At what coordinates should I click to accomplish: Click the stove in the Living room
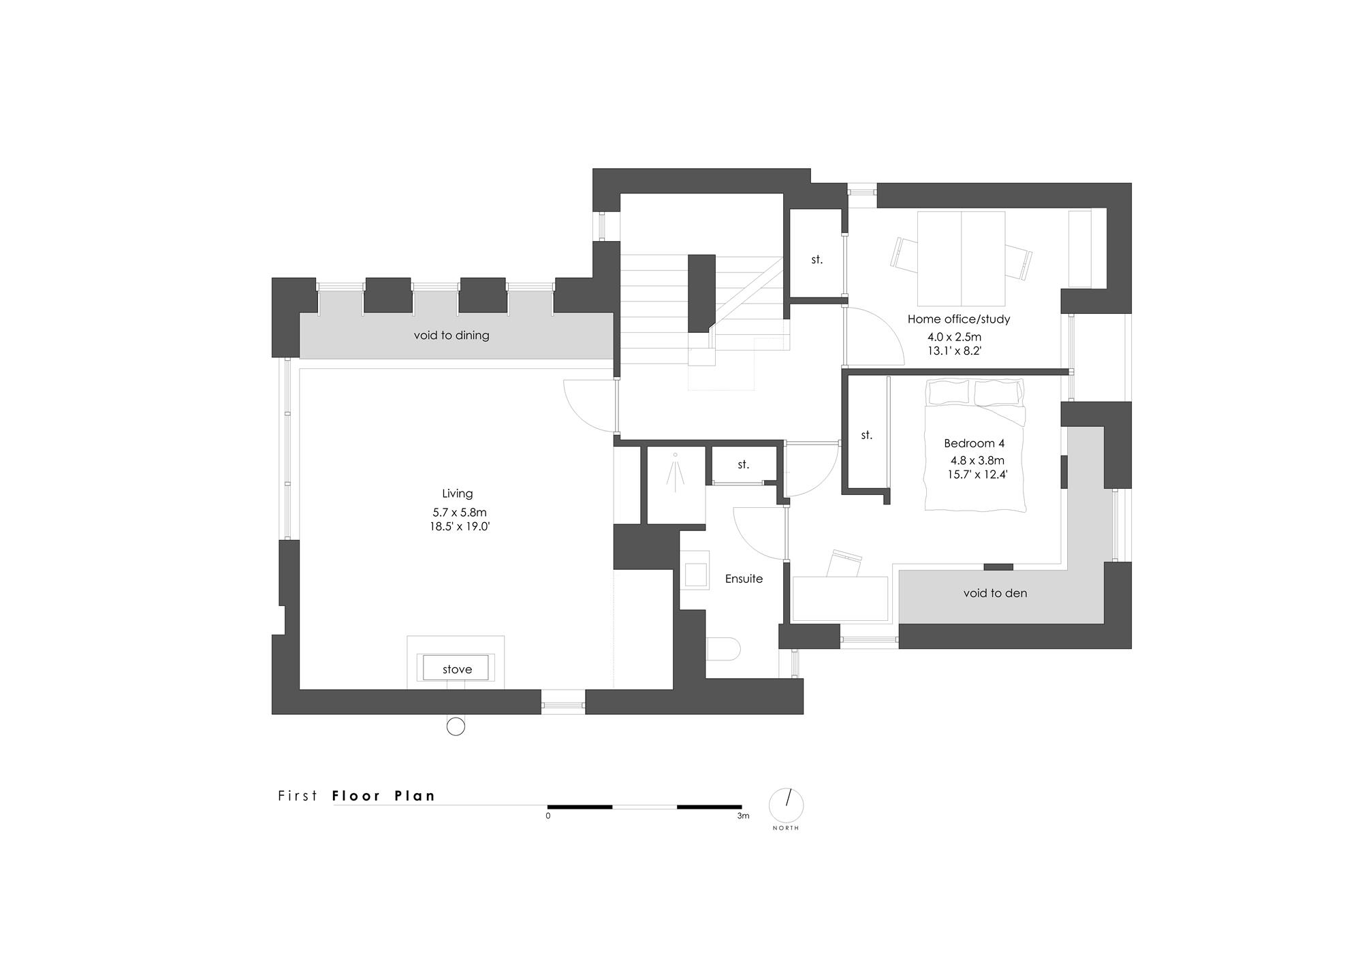coord(456,668)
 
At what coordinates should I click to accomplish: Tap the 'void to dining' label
coord(452,336)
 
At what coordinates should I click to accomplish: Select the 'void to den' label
coord(995,593)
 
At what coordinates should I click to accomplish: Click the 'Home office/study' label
coord(959,319)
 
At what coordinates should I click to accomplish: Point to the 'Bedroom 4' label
coord(975,443)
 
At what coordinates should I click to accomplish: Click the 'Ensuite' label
coord(744,579)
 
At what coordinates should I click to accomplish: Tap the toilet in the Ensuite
coord(723,649)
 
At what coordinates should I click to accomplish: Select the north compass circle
coord(787,805)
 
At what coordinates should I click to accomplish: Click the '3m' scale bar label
coord(743,816)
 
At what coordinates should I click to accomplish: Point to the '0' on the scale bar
coord(548,816)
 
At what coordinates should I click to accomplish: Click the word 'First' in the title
coord(298,795)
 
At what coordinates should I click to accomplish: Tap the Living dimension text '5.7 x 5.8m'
coord(460,513)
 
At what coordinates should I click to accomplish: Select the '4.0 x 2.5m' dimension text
coord(955,337)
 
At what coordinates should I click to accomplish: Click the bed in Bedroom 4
coord(975,445)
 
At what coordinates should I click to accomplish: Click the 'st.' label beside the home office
coord(817,259)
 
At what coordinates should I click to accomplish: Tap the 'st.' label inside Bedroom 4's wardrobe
coord(867,435)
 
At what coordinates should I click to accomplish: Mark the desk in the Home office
coord(961,259)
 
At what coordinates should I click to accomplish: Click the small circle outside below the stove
coord(456,726)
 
